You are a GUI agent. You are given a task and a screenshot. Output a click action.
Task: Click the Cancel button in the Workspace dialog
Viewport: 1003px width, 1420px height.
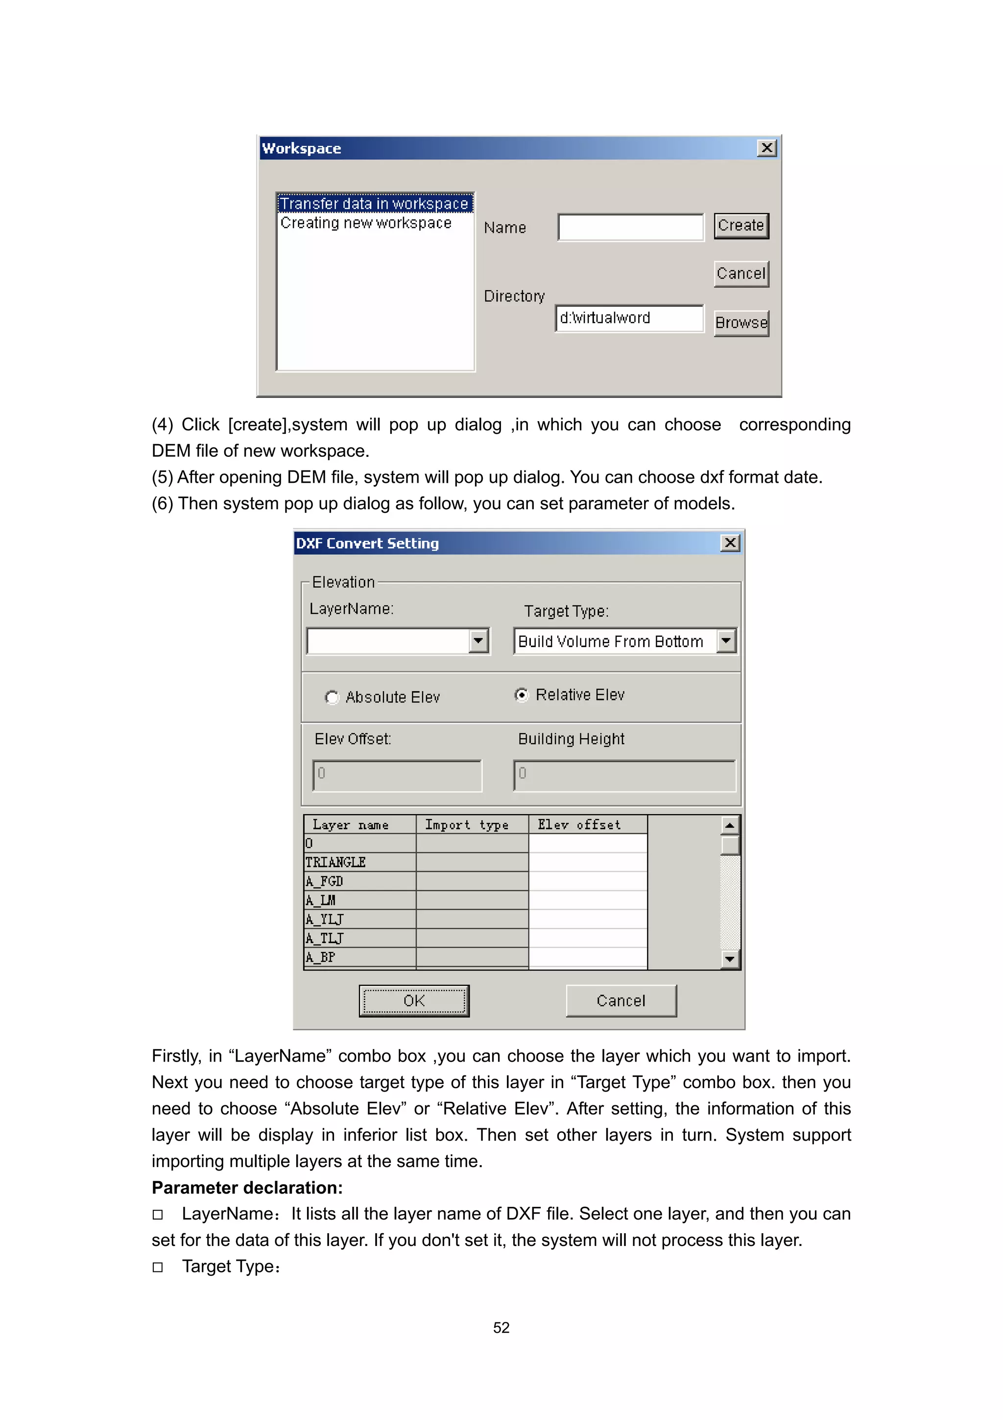tap(740, 274)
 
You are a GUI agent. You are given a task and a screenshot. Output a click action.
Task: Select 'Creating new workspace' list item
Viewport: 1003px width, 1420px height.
tap(366, 223)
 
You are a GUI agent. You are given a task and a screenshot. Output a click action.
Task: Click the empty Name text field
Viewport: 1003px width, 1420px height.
tap(630, 227)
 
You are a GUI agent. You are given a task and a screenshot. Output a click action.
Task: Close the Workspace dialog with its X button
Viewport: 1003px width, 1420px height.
tap(766, 148)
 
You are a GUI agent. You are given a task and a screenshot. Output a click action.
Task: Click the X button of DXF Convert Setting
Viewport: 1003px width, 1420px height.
tap(730, 543)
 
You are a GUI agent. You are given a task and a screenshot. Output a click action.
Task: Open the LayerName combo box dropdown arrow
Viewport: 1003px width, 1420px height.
tap(478, 641)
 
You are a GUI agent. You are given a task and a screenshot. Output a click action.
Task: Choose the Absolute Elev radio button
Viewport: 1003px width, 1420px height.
tap(332, 697)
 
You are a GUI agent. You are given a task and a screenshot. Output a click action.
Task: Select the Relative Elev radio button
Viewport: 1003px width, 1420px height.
tap(522, 695)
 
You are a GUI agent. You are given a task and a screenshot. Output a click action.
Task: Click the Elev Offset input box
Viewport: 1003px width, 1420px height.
tap(397, 775)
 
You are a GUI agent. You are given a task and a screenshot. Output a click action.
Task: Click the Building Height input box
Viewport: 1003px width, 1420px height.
tap(623, 775)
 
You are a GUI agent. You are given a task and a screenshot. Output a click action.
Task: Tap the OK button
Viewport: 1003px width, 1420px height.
tap(413, 1000)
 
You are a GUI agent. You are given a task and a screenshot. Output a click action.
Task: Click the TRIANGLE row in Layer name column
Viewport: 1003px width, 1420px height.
tap(359, 862)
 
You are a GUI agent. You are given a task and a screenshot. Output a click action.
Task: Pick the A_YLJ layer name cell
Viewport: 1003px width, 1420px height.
tap(359, 919)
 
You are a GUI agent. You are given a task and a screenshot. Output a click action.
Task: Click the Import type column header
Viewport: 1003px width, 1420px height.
tap(472, 824)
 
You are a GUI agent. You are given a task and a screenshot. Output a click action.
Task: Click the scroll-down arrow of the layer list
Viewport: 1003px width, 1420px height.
tap(730, 959)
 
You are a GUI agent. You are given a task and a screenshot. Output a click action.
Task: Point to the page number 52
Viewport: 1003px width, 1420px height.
tap(501, 1327)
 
